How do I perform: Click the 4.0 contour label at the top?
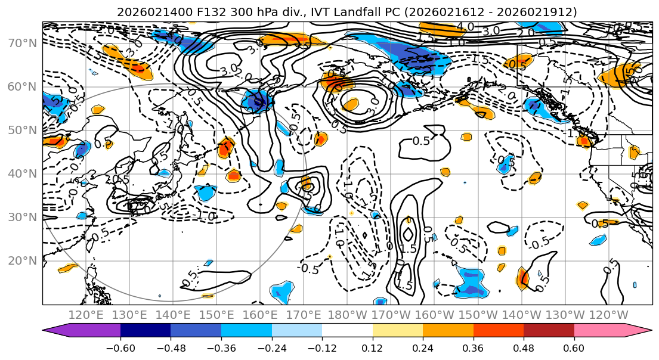[x=465, y=26]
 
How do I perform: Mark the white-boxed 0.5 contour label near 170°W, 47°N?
[x=421, y=141]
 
